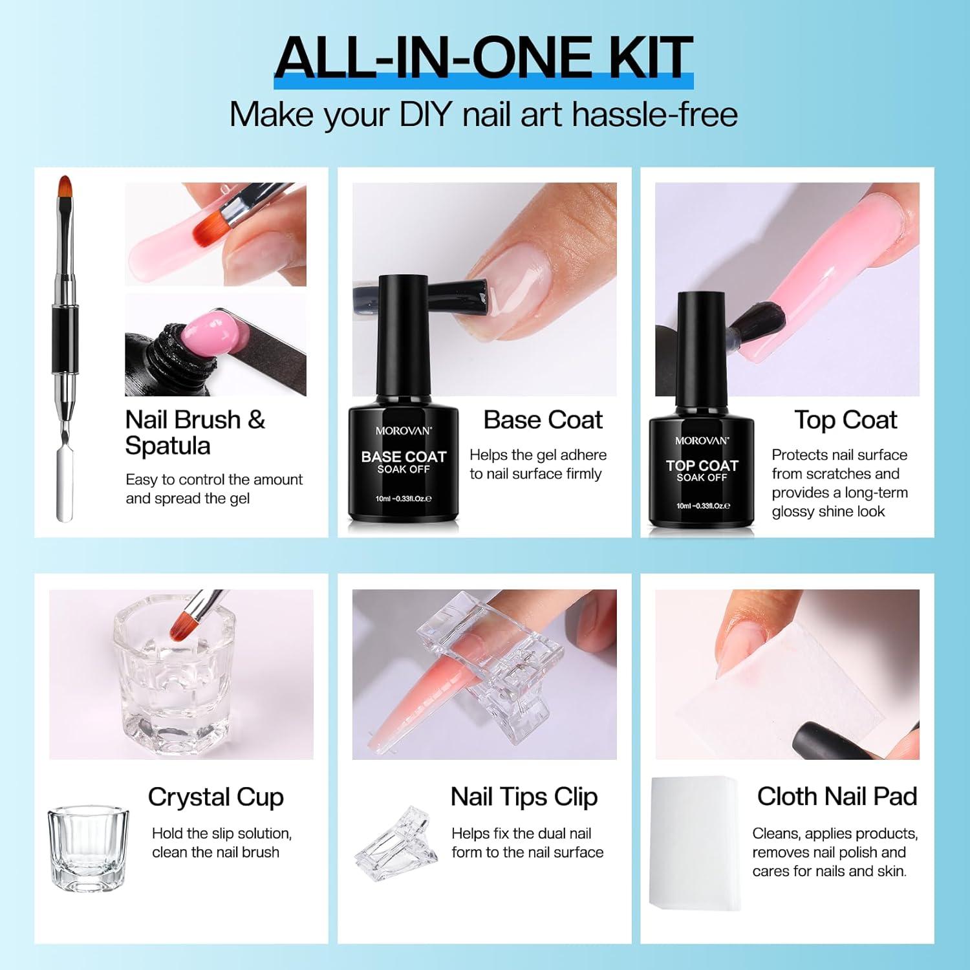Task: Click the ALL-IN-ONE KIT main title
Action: click(484, 58)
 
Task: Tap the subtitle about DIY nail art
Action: click(484, 114)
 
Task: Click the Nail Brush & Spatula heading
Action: click(194, 433)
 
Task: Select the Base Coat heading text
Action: click(543, 420)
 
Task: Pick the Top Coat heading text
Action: click(845, 420)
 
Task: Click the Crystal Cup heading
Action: click(215, 797)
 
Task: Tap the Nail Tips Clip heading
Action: click(524, 797)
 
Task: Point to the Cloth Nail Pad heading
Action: click(837, 797)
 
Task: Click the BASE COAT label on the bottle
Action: click(404, 457)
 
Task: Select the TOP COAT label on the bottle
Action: click(702, 466)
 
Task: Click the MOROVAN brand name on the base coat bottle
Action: click(404, 431)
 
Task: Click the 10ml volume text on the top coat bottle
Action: click(702, 506)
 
